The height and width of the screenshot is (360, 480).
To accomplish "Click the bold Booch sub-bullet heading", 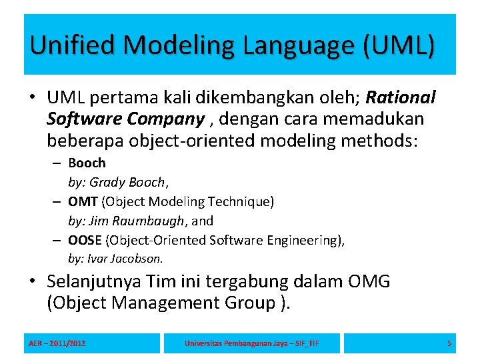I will click(x=87, y=163).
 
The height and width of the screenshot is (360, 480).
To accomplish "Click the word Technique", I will click(x=244, y=201).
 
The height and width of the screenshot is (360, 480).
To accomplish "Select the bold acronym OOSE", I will click(x=85, y=240).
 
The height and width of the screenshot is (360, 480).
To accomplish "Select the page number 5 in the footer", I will click(x=449, y=343).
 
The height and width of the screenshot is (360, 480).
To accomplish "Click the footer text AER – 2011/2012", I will click(x=57, y=343).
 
